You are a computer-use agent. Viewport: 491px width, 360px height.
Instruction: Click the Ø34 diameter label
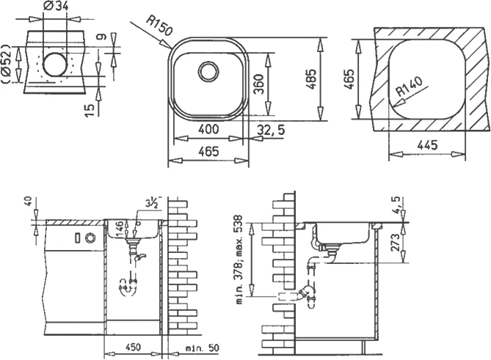[x=56, y=7]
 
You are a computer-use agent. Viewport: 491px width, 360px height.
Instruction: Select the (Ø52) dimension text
[x=7, y=64]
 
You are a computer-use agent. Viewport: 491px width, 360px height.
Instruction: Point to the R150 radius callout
[x=159, y=26]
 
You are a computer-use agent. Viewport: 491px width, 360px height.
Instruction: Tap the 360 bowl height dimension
[x=258, y=84]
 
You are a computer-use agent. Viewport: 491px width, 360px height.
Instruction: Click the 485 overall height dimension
[x=312, y=79]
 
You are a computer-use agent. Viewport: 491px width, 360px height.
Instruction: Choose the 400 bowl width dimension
[x=208, y=129]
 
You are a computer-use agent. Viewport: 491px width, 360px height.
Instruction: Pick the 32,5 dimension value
[x=271, y=130]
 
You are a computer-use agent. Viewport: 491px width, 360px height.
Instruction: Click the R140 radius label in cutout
[x=409, y=87]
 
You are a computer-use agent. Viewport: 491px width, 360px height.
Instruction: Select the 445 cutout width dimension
[x=427, y=145]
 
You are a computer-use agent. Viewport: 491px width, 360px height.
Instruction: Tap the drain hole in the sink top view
[x=208, y=71]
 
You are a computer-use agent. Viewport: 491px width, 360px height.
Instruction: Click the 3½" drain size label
[x=153, y=203]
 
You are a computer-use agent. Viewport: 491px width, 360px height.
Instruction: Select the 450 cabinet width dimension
[x=133, y=348]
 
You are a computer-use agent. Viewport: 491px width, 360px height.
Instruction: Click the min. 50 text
[x=203, y=348]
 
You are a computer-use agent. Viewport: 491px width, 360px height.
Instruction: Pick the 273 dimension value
[x=396, y=242]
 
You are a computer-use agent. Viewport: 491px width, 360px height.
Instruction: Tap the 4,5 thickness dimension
[x=396, y=205]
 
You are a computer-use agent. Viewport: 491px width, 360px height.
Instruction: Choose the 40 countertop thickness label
[x=28, y=201]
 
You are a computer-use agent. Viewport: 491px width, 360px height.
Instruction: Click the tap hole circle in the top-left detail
[x=55, y=65]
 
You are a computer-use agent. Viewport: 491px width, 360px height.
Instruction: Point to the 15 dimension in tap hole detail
[x=90, y=110]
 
